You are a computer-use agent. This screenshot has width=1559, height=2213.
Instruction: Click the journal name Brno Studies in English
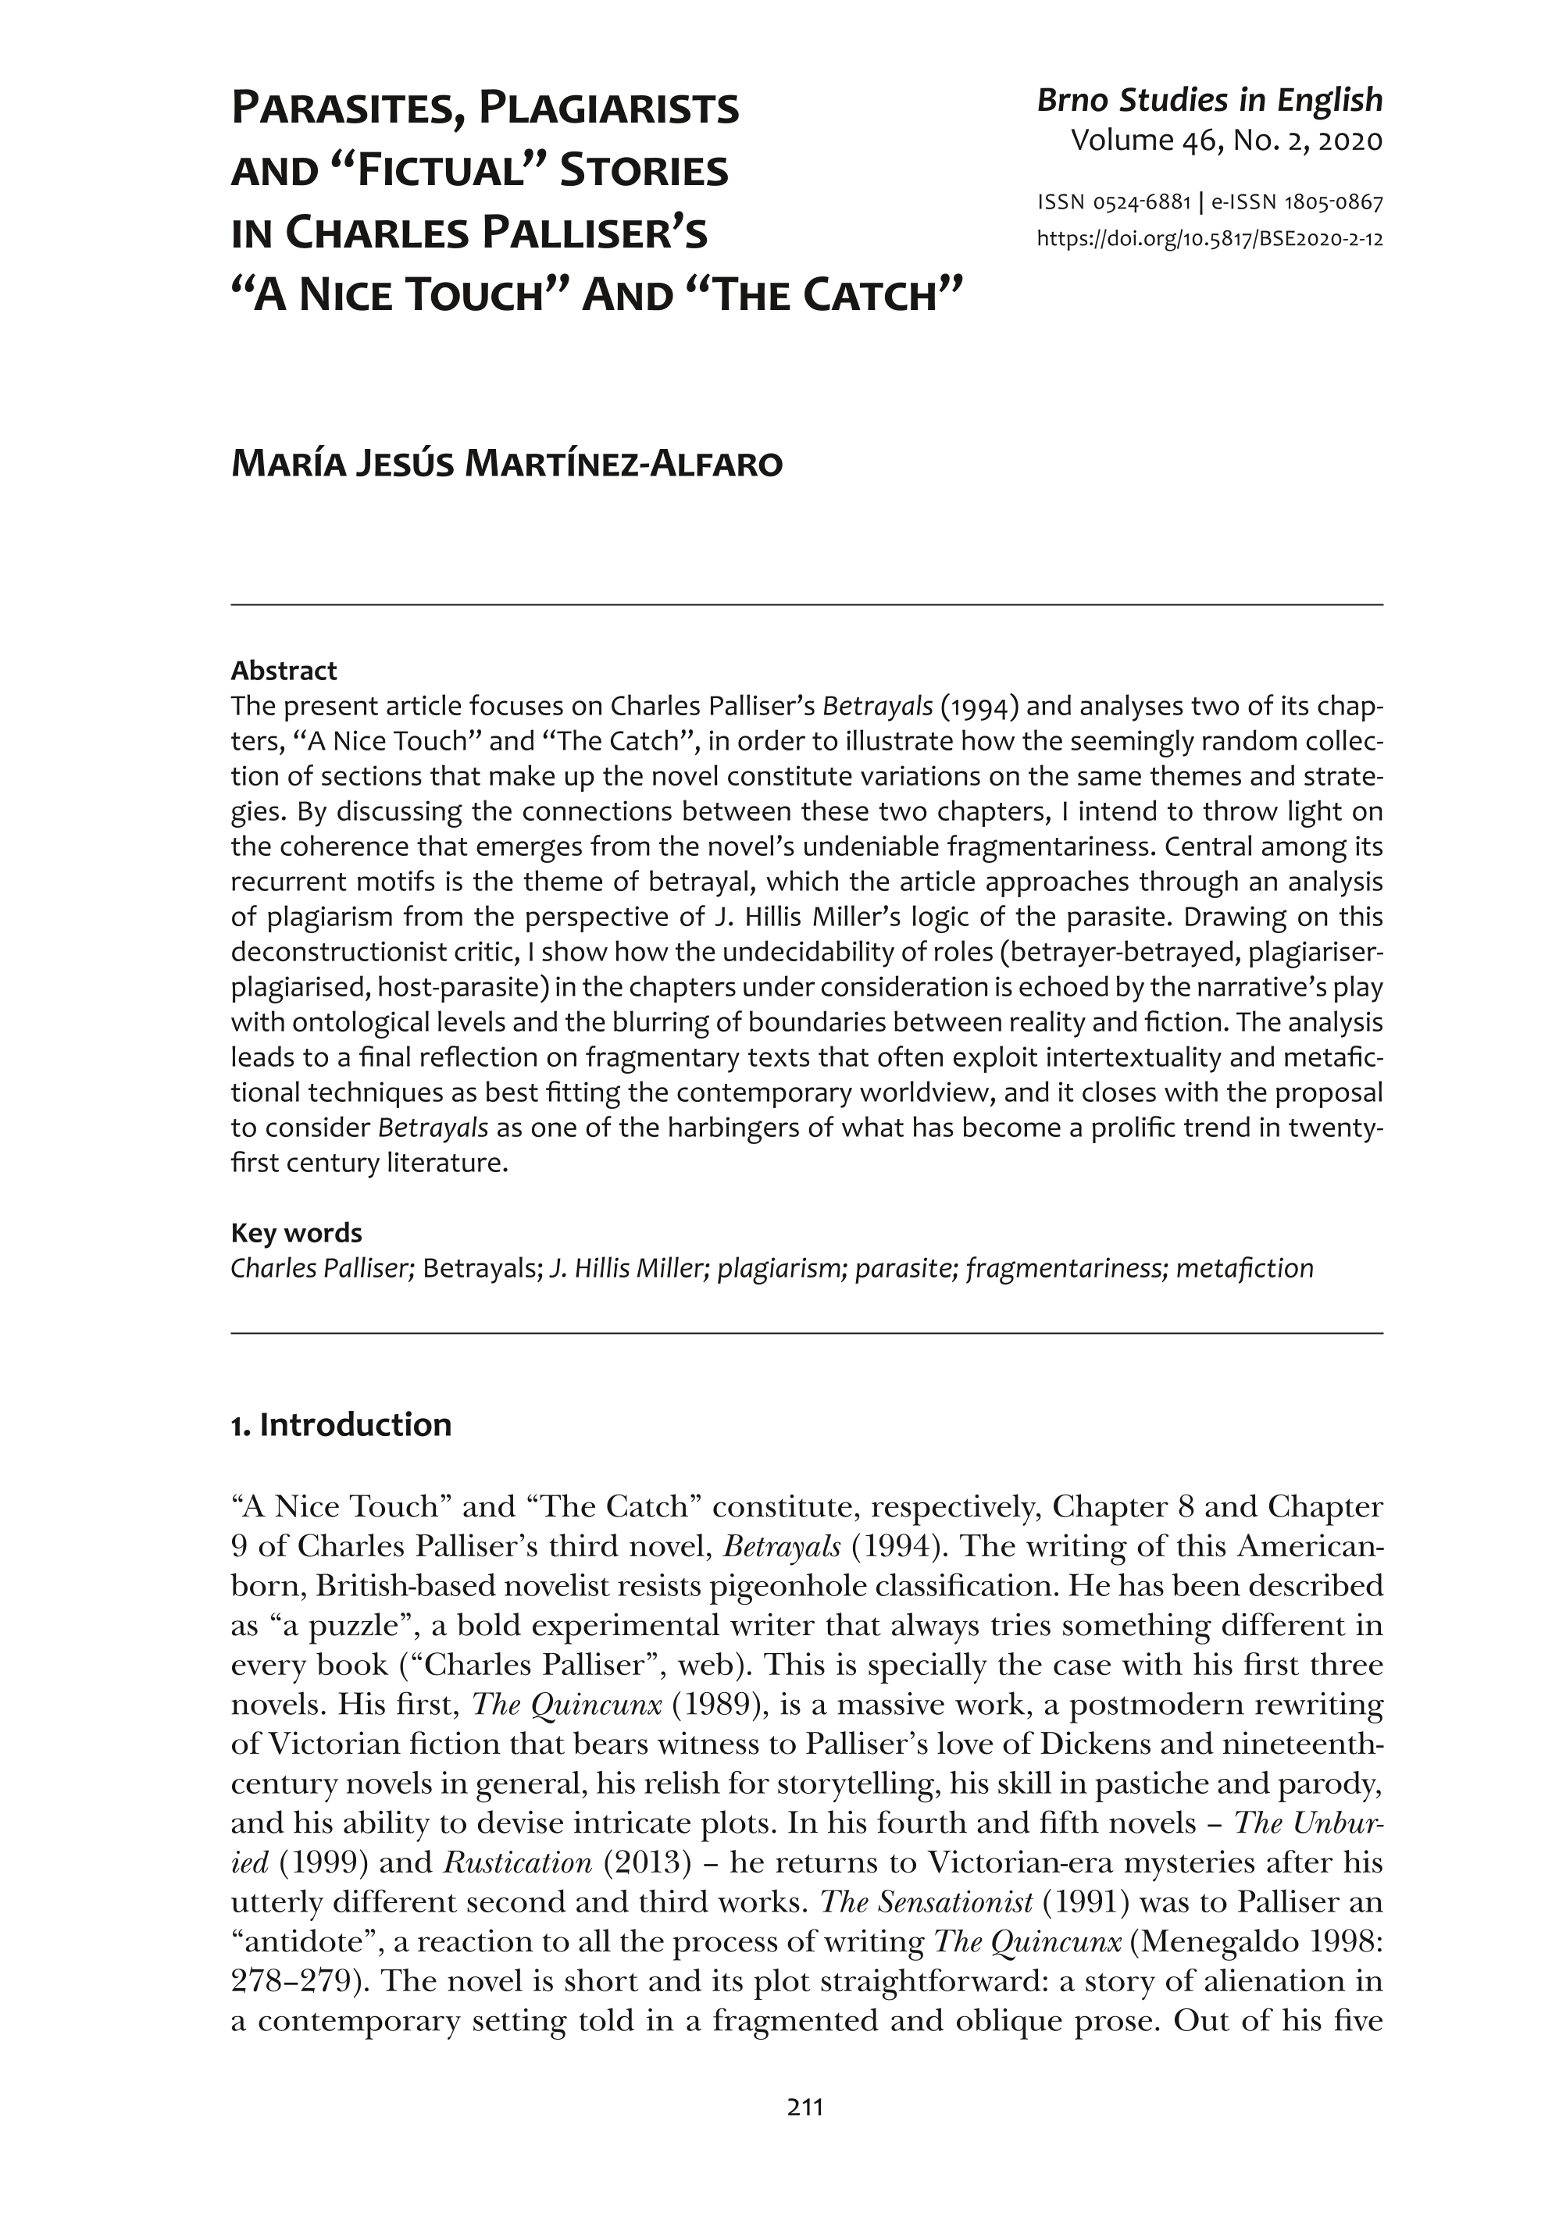tap(1209, 100)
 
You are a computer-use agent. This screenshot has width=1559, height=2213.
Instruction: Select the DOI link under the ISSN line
tap(1209, 239)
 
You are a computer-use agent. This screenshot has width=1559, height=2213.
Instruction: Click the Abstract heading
tap(284, 670)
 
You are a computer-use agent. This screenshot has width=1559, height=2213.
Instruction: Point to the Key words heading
tap(296, 1233)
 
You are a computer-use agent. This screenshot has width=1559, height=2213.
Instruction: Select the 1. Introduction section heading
tap(341, 1424)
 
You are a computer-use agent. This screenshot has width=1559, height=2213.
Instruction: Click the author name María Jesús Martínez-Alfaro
tap(506, 465)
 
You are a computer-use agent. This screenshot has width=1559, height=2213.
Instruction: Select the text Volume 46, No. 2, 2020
tap(1226, 141)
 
